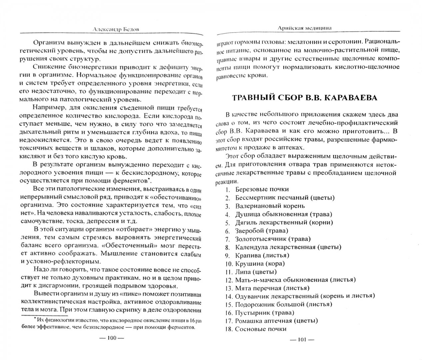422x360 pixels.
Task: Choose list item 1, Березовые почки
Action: tap(256, 189)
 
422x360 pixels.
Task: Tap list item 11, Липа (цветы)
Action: tap(251, 271)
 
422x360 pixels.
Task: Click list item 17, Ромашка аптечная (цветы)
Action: tap(272, 321)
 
